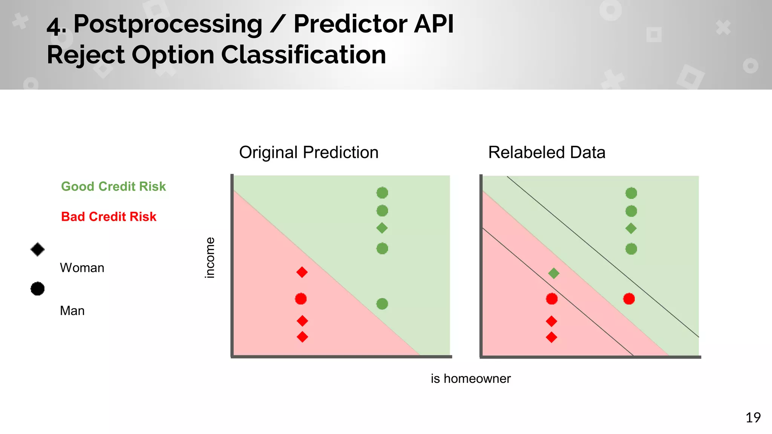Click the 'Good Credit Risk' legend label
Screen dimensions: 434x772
(113, 186)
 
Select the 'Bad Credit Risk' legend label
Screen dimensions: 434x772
(109, 217)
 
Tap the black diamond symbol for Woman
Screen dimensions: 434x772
(37, 249)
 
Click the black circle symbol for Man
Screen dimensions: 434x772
(37, 289)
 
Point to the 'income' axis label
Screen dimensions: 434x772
(210, 258)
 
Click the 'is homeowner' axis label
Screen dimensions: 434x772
(470, 379)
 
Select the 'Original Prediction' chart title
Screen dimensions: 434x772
(308, 153)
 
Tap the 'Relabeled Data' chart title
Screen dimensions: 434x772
(547, 153)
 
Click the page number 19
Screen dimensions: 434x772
(753, 417)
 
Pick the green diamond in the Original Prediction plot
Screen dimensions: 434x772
(382, 228)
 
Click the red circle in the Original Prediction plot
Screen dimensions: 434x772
(301, 299)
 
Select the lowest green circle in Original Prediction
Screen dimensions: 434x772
(382, 304)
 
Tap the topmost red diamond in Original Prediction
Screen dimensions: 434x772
(302, 272)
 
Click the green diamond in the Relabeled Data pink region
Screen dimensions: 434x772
(553, 273)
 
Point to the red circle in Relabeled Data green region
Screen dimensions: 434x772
(629, 299)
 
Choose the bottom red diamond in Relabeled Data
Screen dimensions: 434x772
(551, 337)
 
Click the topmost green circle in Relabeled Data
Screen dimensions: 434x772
(631, 193)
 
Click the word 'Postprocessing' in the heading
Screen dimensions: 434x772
(168, 24)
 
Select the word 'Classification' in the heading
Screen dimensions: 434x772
(303, 55)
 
